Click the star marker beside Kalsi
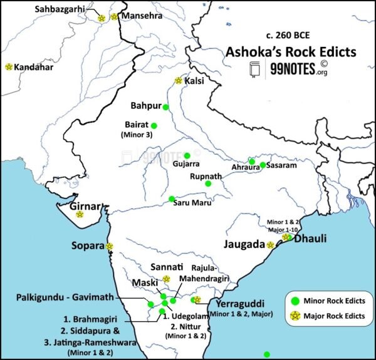point(179,81)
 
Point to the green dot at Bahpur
point(166,107)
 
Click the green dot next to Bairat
point(154,126)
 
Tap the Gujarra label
point(186,164)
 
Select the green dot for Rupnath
point(208,183)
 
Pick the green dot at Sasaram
point(263,165)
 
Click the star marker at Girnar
point(80,214)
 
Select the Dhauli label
point(311,239)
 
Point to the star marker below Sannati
point(166,279)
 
